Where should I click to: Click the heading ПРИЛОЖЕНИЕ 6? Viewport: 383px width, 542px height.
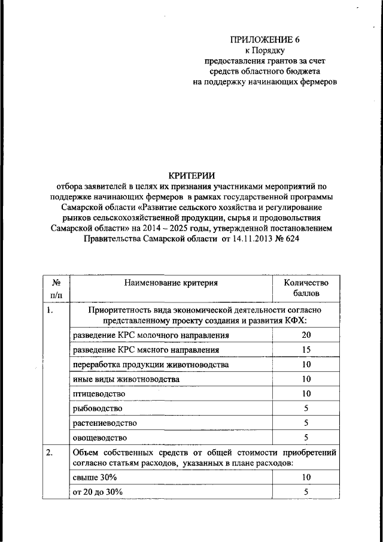tap(265, 40)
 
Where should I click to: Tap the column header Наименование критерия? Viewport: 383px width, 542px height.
tap(171, 282)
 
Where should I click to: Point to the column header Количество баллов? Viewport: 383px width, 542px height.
tap(306, 287)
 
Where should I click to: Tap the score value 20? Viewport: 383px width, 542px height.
tap(306, 335)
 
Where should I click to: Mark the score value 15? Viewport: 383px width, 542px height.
tap(306, 350)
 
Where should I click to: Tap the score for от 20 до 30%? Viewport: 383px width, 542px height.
tap(306, 492)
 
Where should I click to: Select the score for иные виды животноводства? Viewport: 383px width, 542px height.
tap(306, 379)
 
